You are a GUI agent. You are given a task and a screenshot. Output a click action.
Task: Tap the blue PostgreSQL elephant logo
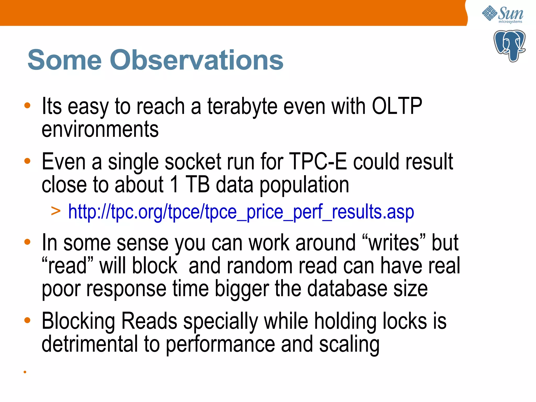click(x=509, y=46)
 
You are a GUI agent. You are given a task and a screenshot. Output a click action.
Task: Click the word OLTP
click(x=397, y=106)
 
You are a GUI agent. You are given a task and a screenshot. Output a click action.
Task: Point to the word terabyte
click(x=242, y=107)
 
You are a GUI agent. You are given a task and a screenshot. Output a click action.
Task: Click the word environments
click(x=100, y=129)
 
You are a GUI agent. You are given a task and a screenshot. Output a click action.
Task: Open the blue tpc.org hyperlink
click(x=241, y=211)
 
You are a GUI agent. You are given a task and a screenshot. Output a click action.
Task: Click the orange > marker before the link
click(x=56, y=211)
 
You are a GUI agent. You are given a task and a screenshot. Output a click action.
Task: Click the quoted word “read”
click(x=68, y=266)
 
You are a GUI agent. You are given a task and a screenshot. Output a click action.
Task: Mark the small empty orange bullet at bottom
click(x=25, y=372)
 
